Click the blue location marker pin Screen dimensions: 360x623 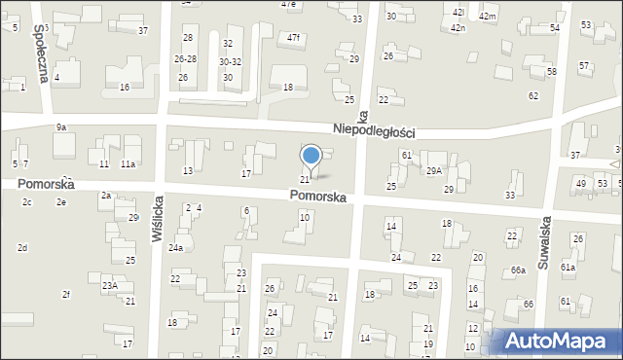tap(311, 156)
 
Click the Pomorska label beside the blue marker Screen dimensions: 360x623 tap(317, 197)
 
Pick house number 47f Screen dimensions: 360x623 tap(293, 37)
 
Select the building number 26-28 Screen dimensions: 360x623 tap(185, 59)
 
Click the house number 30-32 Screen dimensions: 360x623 tap(230, 61)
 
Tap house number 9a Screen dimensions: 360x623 tap(60, 127)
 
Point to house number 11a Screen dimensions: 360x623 tap(128, 164)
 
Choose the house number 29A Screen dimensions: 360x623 tap(433, 170)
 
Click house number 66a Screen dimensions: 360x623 tap(518, 270)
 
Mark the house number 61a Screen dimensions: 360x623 tap(568, 267)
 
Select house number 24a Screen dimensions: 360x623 tap(175, 248)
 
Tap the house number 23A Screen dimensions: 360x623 tap(110, 285)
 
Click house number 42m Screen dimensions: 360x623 tap(487, 18)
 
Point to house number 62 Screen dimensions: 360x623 tap(533, 95)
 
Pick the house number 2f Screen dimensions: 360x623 tap(66, 294)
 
